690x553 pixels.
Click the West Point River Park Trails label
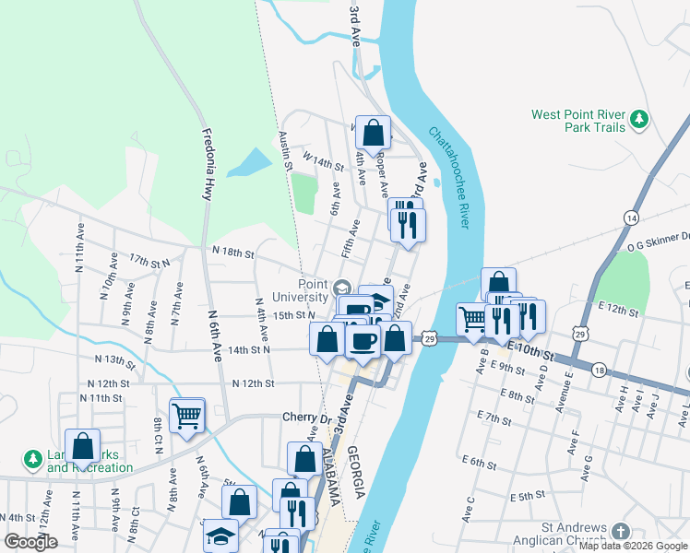[x=578, y=121]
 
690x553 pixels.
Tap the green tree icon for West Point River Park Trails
[x=638, y=119]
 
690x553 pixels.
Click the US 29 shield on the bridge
[x=430, y=339]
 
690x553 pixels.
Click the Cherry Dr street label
[x=305, y=418]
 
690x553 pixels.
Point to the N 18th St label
[x=232, y=251]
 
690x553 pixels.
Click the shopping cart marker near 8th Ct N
[x=187, y=417]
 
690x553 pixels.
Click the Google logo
[x=30, y=542]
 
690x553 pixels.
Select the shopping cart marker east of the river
[x=473, y=319]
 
